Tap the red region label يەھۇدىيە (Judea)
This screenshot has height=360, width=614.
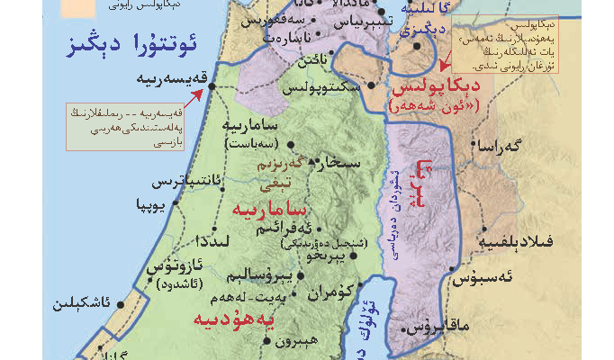coord(232,318)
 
